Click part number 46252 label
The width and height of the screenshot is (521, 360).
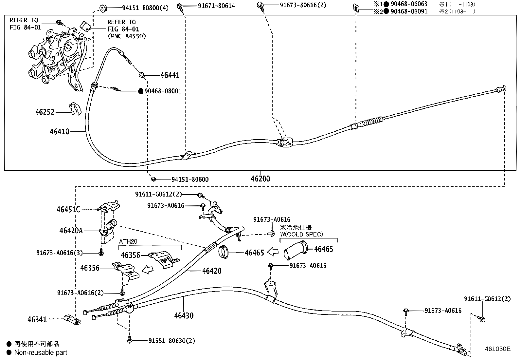45,112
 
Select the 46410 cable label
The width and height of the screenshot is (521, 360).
60,132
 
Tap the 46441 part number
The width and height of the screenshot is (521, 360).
170,75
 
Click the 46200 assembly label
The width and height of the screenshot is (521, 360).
260,179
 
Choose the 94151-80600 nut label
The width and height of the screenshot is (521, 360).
190,180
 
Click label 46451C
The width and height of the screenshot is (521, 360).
68,209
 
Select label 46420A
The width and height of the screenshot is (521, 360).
71,231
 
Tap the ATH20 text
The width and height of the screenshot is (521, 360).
128,242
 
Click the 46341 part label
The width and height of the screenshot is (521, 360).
37,319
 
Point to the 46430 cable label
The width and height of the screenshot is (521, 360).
184,316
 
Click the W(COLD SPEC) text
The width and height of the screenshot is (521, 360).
301,234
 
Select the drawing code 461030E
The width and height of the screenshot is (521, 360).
497,349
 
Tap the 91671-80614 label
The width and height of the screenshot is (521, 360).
216,6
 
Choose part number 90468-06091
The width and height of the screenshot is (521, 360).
409,11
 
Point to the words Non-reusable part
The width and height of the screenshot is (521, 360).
41,352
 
